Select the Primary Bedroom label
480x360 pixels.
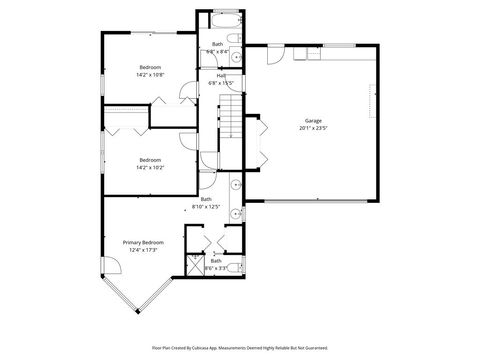pos(143,242)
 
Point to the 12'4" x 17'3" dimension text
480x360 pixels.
pos(143,250)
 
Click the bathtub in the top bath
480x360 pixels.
pos(225,19)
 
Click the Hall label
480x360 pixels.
pos(220,75)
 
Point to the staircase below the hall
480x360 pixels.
pos(231,118)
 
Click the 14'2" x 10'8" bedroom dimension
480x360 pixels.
pos(150,74)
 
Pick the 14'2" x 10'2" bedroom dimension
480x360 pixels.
pos(150,167)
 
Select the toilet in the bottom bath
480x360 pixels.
pos(237,267)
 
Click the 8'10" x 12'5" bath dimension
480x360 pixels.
pos(206,207)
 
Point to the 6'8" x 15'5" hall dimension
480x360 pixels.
pos(220,82)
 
